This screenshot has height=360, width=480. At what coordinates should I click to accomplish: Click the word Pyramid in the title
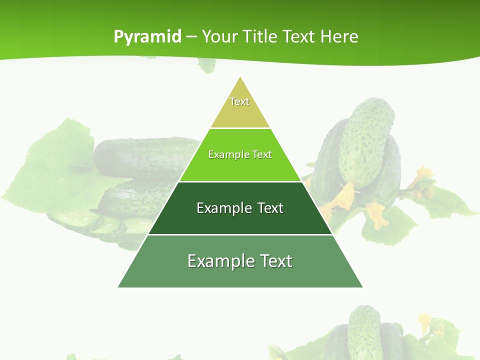click(x=147, y=37)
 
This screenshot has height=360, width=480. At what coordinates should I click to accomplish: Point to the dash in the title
click(x=191, y=37)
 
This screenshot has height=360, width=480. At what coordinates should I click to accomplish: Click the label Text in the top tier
click(x=239, y=101)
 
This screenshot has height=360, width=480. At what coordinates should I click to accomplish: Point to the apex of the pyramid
click(x=240, y=77)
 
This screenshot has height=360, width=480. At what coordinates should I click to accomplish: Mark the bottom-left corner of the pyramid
click(x=118, y=287)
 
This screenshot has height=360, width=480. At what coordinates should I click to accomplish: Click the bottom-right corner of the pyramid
click(x=362, y=287)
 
